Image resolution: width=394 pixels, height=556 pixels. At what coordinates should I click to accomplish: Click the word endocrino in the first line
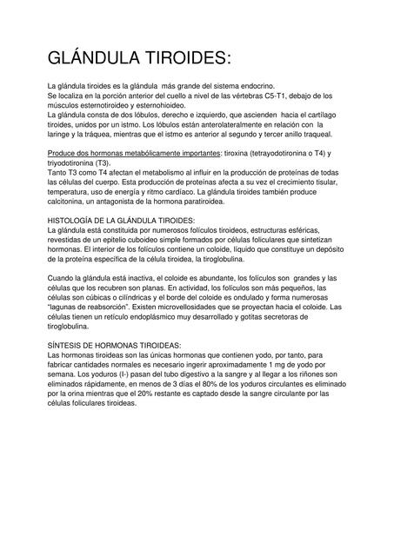[x=253, y=85]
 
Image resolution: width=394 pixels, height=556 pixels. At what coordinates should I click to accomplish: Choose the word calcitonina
[x=69, y=201]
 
